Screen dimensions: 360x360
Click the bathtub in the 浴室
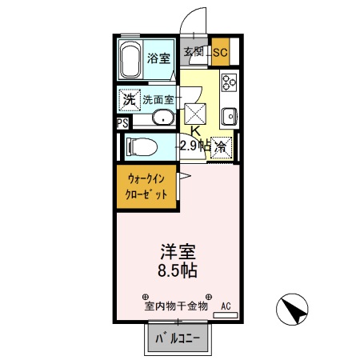(130, 60)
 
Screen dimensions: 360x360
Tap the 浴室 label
(159, 58)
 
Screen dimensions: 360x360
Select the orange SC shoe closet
(221, 53)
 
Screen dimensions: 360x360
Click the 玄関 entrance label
(194, 53)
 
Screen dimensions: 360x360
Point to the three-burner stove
(229, 82)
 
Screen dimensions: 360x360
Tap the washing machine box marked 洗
(128, 100)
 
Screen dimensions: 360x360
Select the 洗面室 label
(158, 101)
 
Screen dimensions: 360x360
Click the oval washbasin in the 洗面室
(164, 119)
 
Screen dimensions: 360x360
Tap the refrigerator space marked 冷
(222, 146)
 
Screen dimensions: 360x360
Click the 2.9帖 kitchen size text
(194, 145)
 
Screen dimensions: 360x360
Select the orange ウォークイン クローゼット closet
(146, 188)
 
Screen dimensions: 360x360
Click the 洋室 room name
(179, 250)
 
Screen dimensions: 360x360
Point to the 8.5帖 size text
(179, 270)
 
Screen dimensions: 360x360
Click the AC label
(226, 306)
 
